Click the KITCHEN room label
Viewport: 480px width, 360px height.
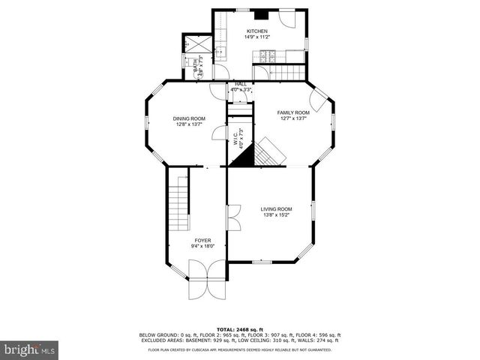click(257, 31)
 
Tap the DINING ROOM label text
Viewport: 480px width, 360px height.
click(189, 118)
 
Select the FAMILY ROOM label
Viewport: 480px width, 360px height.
click(293, 112)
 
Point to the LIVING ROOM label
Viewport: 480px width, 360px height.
click(276, 209)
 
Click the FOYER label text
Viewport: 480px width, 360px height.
click(202, 240)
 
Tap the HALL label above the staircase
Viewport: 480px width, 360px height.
click(241, 84)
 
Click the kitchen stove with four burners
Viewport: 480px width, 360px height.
click(269, 55)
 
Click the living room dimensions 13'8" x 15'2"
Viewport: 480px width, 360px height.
click(276, 215)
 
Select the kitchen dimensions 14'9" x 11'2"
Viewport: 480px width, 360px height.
click(257, 37)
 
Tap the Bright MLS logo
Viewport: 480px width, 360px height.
click(29, 349)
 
